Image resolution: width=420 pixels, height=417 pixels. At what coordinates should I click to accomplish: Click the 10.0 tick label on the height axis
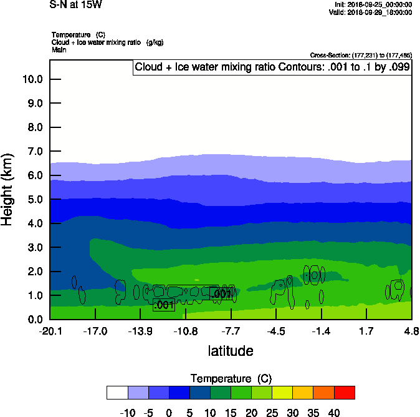(32, 79)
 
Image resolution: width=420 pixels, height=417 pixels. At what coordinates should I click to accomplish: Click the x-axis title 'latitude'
(231, 351)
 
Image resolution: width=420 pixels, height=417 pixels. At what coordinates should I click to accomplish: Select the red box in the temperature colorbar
(344, 392)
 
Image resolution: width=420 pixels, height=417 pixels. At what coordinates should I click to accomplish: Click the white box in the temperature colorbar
(117, 392)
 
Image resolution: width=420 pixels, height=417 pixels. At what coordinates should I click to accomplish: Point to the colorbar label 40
(334, 412)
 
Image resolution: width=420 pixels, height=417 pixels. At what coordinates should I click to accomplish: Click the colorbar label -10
(128, 412)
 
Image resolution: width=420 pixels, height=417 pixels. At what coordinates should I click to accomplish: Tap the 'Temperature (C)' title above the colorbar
(231, 379)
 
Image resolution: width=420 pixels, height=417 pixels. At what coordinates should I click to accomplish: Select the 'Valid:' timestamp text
(370, 12)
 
